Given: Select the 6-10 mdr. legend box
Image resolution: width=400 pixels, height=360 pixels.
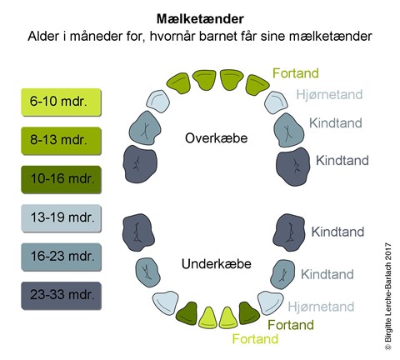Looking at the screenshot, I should tap(61, 102).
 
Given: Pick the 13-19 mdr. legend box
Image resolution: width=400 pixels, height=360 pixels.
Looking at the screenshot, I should tap(61, 218).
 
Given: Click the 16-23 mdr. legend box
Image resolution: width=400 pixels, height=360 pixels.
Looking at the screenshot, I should tap(61, 257).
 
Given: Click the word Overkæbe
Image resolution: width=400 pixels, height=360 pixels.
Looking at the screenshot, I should tap(216, 137).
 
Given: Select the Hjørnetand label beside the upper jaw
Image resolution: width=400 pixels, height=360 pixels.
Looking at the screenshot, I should tap(329, 95).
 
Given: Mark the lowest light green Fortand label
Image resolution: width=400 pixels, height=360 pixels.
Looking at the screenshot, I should tap(254, 338).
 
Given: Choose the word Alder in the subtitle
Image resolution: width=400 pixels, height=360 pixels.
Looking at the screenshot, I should tap(45, 37).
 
